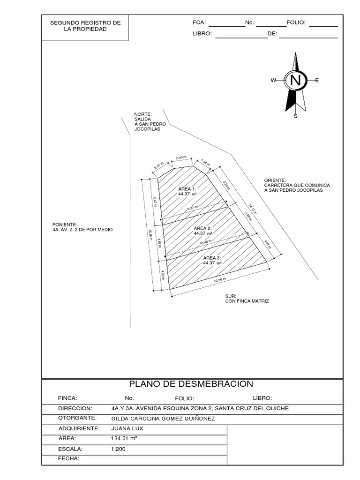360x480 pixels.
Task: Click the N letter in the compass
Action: click(x=295, y=80)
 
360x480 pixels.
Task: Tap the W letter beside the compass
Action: click(x=273, y=81)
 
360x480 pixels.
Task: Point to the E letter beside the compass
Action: click(x=317, y=81)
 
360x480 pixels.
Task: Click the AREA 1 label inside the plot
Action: click(x=187, y=188)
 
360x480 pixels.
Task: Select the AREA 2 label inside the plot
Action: click(x=203, y=228)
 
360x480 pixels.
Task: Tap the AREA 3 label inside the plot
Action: click(x=212, y=258)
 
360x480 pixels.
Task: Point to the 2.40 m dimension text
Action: click(x=181, y=157)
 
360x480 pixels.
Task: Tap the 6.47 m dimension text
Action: click(x=155, y=202)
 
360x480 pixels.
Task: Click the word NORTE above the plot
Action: click(x=143, y=114)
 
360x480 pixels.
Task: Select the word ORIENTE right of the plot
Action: click(x=275, y=180)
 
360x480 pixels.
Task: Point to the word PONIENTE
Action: click(x=65, y=225)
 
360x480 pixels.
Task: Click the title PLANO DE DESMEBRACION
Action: click(x=191, y=384)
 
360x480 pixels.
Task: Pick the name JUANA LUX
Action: click(x=127, y=428)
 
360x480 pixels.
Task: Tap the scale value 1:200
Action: click(x=119, y=449)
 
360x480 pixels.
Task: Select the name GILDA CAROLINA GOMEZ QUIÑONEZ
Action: click(x=163, y=418)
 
